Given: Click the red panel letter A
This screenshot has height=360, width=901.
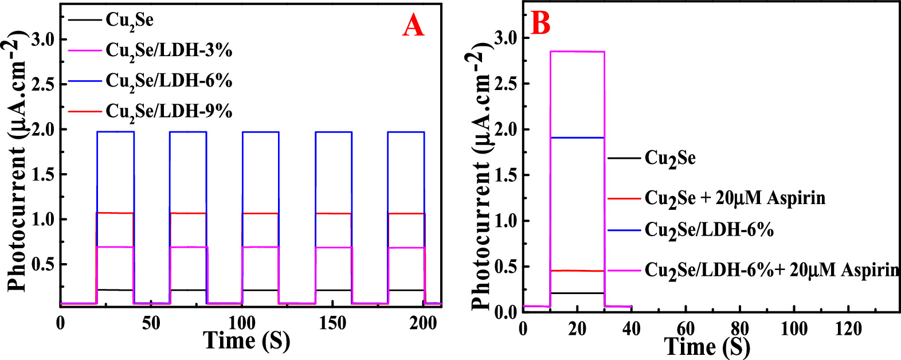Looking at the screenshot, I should click(413, 25).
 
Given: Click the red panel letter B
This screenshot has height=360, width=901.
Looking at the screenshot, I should click(540, 23).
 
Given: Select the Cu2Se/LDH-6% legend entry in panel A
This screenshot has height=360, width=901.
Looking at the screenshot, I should click(169, 81).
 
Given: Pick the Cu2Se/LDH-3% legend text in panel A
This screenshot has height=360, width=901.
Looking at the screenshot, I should click(169, 51).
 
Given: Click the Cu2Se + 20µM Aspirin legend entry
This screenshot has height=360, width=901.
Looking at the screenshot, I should click(735, 198).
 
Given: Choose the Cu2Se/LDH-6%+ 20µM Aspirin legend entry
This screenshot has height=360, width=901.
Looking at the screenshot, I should click(771, 270).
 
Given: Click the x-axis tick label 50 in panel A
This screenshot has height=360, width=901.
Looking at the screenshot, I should click(151, 323).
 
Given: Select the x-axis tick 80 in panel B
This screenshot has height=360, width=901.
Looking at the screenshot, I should click(739, 329).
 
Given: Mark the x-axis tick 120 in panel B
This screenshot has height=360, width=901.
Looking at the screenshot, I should click(848, 329).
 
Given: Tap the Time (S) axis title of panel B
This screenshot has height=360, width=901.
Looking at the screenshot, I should click(707, 347).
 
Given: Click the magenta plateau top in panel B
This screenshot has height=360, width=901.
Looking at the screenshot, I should click(577, 52).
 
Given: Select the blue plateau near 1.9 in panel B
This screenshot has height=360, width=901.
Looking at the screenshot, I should click(577, 138).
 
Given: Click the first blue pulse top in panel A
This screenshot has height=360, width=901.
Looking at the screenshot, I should click(115, 132).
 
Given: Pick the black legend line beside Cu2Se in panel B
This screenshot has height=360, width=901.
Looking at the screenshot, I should click(624, 158).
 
